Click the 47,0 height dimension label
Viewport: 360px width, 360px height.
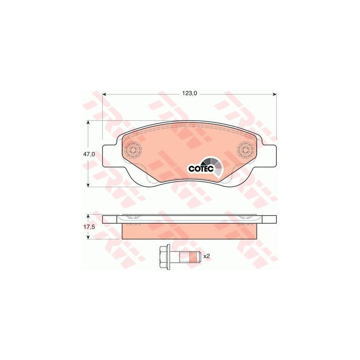pos(89,154)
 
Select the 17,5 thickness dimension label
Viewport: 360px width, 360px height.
pos(89,226)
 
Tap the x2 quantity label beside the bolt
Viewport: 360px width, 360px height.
pos(207,256)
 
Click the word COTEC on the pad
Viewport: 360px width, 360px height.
pos(201,168)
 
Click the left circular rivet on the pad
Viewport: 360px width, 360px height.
pos(133,151)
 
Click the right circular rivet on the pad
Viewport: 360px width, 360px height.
pos(246,151)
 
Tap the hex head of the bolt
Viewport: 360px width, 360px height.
pos(164,256)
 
